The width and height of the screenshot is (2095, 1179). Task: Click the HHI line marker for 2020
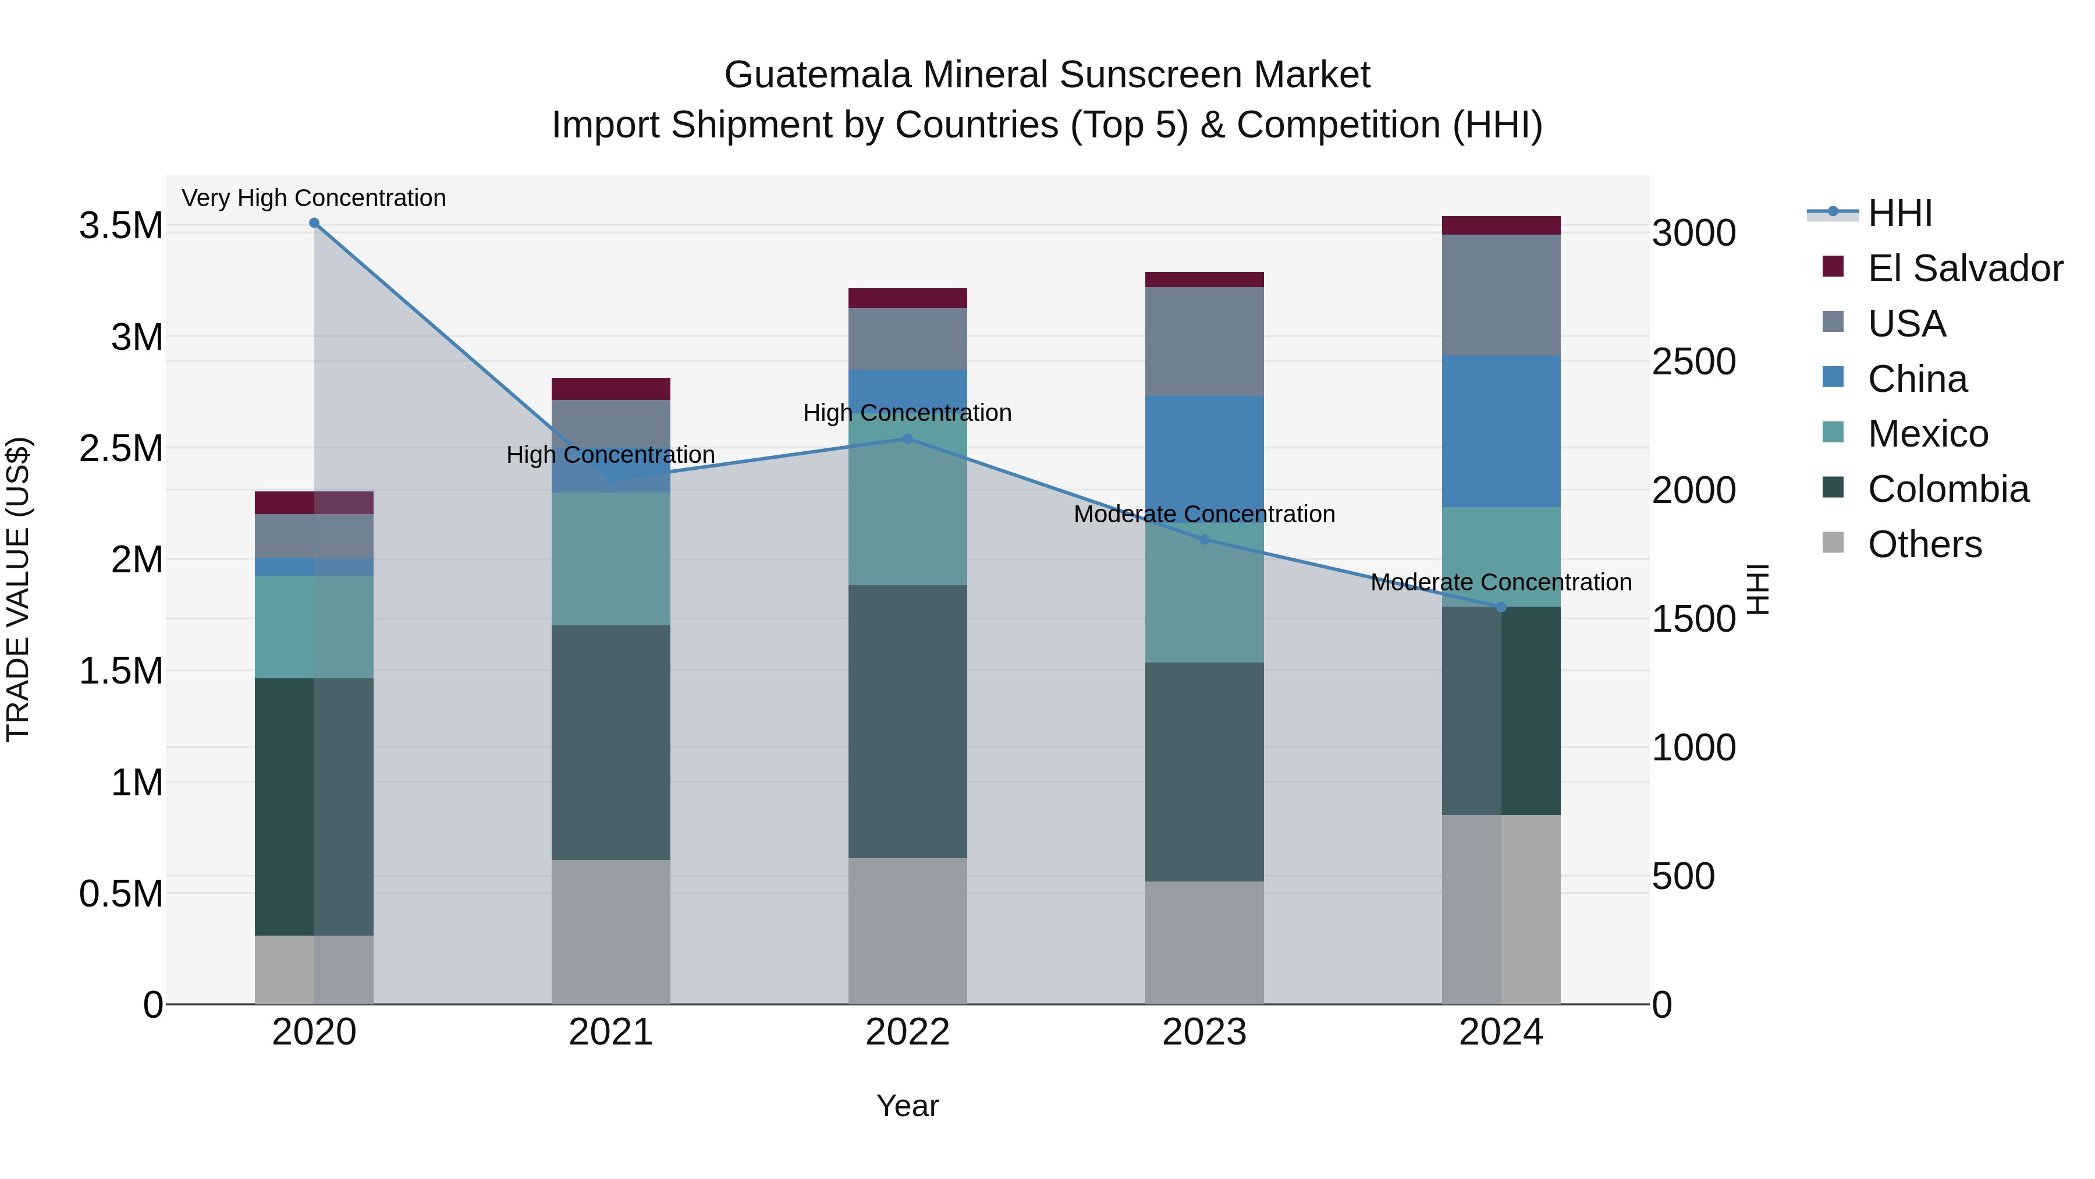click(x=314, y=223)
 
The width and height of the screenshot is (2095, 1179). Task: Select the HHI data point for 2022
click(x=908, y=438)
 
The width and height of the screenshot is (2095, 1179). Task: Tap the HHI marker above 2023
click(x=1205, y=540)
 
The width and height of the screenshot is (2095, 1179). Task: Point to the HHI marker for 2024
click(x=1501, y=607)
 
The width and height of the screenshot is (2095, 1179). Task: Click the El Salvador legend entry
click(x=1964, y=268)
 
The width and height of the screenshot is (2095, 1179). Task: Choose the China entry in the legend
click(x=1917, y=379)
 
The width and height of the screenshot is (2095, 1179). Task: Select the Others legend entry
click(x=1924, y=544)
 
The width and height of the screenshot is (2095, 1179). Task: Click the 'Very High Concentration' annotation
click(x=314, y=198)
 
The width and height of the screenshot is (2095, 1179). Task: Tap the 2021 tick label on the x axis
click(x=611, y=1032)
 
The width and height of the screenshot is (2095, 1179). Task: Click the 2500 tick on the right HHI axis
click(x=1693, y=362)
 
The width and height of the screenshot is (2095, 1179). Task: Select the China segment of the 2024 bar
click(x=1501, y=431)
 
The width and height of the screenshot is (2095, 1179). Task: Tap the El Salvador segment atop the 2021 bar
click(x=611, y=389)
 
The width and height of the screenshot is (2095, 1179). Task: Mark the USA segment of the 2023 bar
click(x=1205, y=342)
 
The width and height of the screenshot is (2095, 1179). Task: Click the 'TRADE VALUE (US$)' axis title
click(x=18, y=589)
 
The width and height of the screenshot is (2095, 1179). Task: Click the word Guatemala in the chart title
click(x=818, y=75)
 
